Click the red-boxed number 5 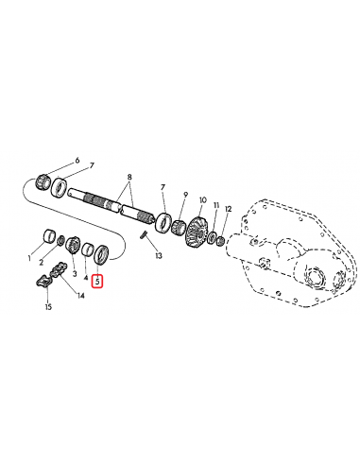[97, 279]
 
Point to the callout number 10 [202, 201]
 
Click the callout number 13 [159, 256]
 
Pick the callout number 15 [47, 307]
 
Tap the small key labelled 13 [143, 236]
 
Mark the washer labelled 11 [213, 237]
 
